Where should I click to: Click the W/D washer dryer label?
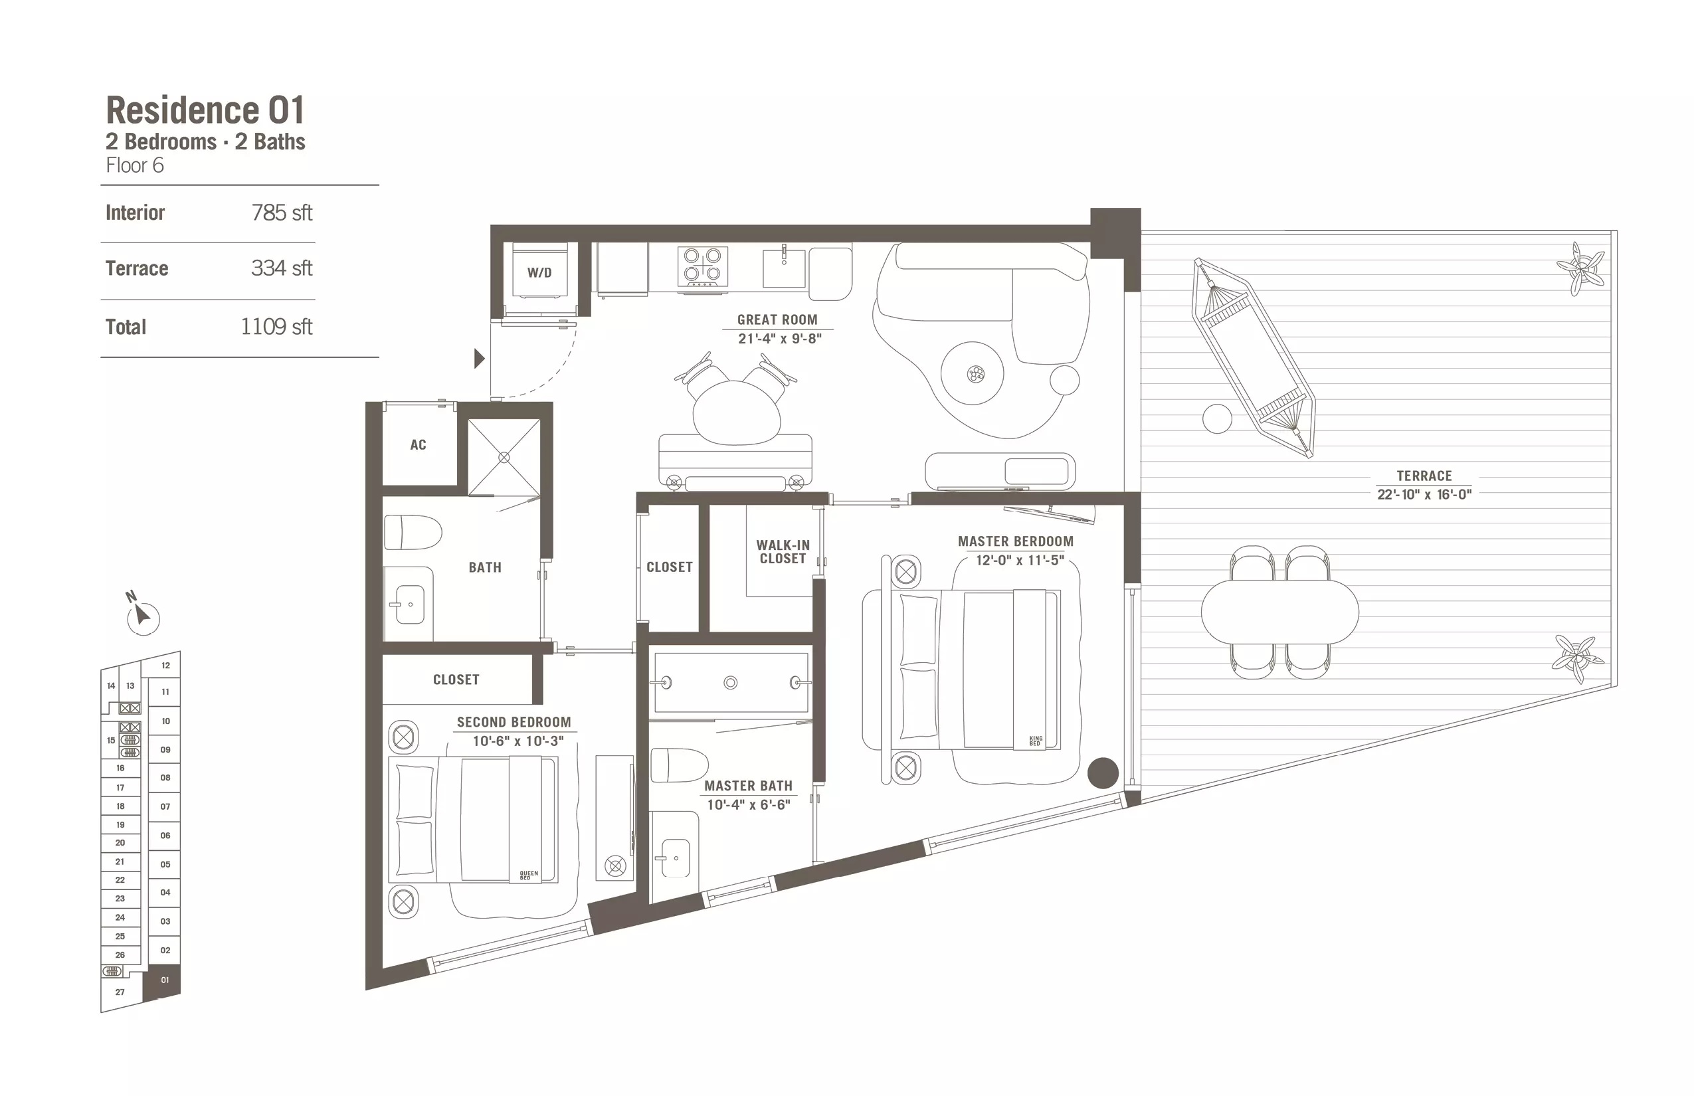pyautogui.click(x=539, y=272)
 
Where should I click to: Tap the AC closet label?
pyautogui.click(x=418, y=445)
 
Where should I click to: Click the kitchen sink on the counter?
pyautogui.click(x=784, y=267)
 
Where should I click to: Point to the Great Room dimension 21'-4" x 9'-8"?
pyautogui.click(x=779, y=339)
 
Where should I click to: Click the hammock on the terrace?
pyautogui.click(x=1254, y=357)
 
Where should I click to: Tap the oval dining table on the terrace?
pyautogui.click(x=1279, y=611)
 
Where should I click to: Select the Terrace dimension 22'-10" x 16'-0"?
pyautogui.click(x=1424, y=494)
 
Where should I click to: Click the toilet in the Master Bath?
pyautogui.click(x=679, y=765)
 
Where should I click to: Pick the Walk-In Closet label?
pyautogui.click(x=783, y=551)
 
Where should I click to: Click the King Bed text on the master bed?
pyautogui.click(x=1036, y=741)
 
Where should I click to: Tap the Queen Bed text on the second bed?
pyautogui.click(x=529, y=875)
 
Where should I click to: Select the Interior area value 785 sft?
pyautogui.click(x=282, y=213)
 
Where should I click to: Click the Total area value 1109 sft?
pyautogui.click(x=276, y=327)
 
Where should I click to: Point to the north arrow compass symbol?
pyautogui.click(x=142, y=614)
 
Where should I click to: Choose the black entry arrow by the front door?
pyautogui.click(x=480, y=358)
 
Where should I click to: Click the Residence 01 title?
pyautogui.click(x=205, y=110)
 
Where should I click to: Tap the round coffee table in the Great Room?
pyautogui.click(x=973, y=373)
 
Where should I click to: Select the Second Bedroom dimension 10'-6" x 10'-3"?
pyautogui.click(x=518, y=741)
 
